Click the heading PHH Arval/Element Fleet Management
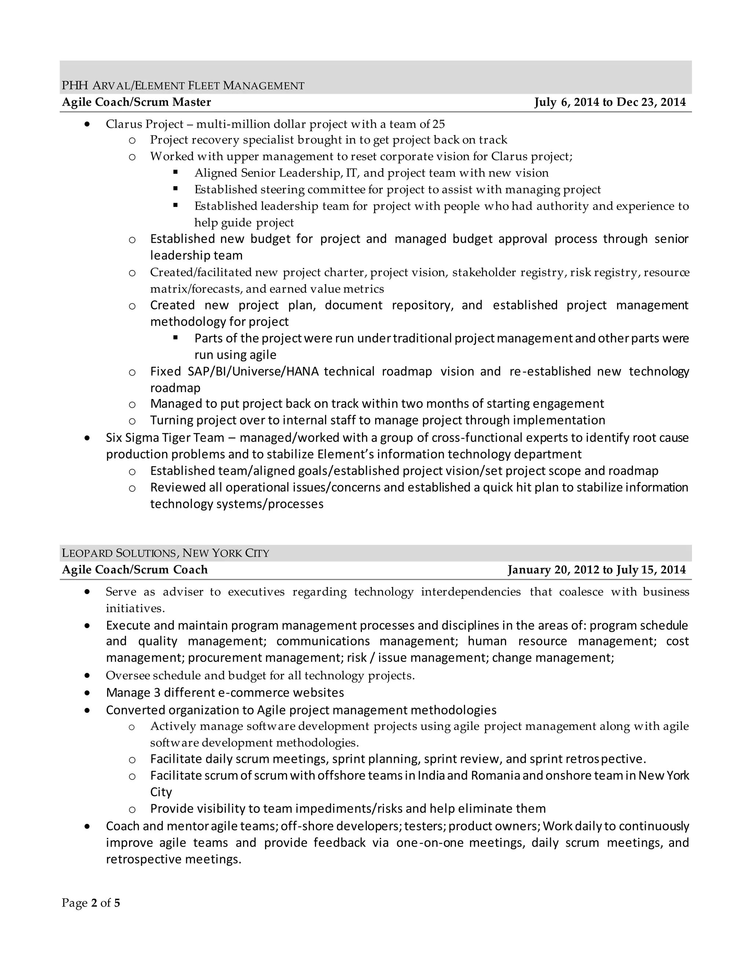click(x=183, y=85)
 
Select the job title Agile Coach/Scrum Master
click(x=136, y=102)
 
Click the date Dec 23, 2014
click(x=651, y=102)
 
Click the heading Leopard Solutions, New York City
click(x=165, y=553)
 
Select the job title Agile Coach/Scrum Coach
click(x=135, y=570)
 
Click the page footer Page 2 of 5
click(x=91, y=903)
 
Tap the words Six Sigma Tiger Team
click(x=165, y=438)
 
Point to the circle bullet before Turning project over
click(x=132, y=421)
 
